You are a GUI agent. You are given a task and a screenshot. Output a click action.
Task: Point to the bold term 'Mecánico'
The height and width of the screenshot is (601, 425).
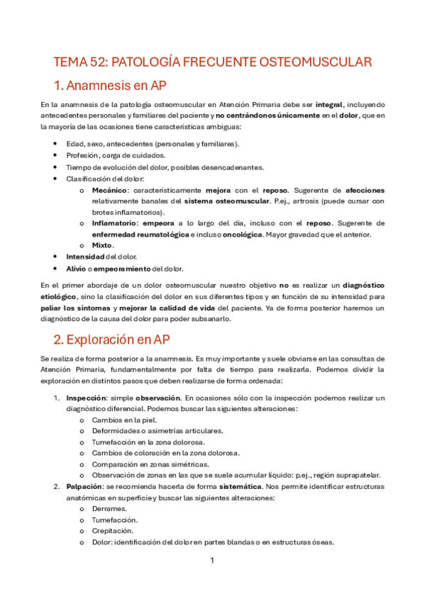(x=110, y=191)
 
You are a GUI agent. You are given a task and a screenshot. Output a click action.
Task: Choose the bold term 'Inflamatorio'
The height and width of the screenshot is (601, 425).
(x=116, y=223)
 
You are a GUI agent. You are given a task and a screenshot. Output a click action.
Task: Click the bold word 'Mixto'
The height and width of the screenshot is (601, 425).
(x=103, y=245)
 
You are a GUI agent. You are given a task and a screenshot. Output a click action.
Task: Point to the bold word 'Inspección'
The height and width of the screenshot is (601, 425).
(x=87, y=398)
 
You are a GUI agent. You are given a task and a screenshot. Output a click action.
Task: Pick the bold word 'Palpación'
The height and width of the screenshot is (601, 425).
(x=85, y=487)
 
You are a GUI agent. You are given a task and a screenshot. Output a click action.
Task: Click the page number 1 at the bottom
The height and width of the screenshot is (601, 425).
(x=212, y=561)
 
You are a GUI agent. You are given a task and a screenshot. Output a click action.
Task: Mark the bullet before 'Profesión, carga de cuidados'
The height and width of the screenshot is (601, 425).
(x=56, y=155)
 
